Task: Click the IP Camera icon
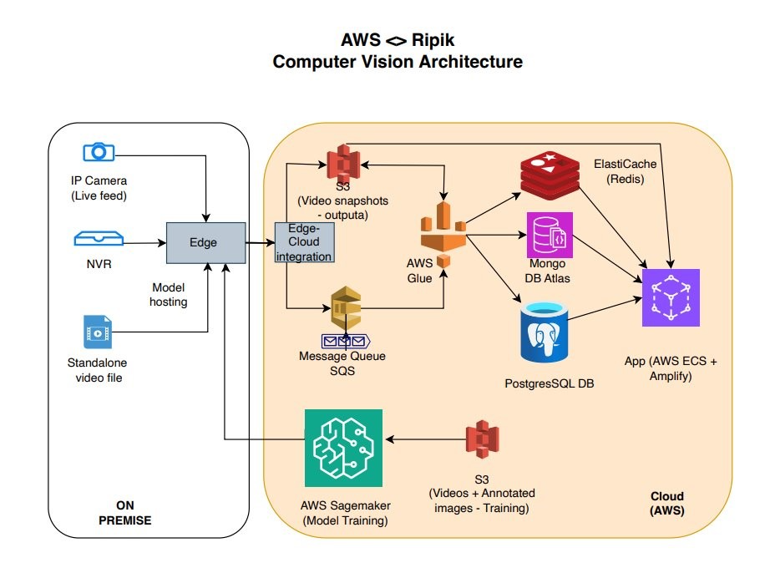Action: (x=99, y=152)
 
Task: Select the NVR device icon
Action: (x=99, y=240)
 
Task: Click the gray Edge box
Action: (x=205, y=243)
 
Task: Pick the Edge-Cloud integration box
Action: (x=304, y=243)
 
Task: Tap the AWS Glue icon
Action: (x=443, y=236)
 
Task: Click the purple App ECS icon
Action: (x=671, y=297)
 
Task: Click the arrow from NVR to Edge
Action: (x=144, y=243)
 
